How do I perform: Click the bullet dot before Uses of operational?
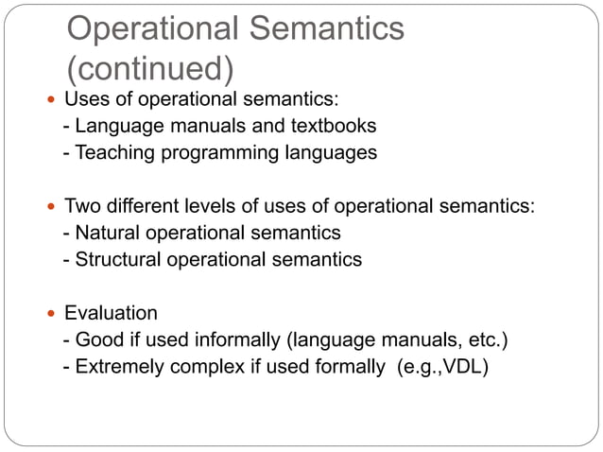(51, 99)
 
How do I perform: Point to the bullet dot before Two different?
(51, 206)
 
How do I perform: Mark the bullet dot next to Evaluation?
(51, 313)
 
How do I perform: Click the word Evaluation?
(111, 313)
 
